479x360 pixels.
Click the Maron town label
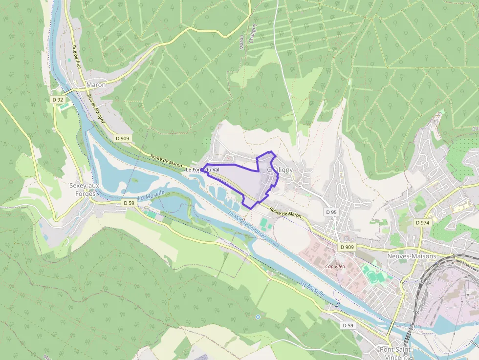(x=96, y=85)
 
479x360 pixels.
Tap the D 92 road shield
(x=58, y=99)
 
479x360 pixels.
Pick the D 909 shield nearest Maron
(x=123, y=138)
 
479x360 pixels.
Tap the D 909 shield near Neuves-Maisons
(x=347, y=247)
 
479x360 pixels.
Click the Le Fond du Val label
(x=202, y=169)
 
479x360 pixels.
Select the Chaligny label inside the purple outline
(x=280, y=169)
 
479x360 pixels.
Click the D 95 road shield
(x=331, y=212)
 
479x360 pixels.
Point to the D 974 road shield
(x=422, y=222)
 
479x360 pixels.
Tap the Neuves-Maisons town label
(x=411, y=256)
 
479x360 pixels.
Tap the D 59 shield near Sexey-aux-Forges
(x=129, y=202)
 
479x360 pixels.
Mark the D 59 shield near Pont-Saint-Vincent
(x=348, y=325)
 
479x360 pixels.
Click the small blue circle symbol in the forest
(x=258, y=317)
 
